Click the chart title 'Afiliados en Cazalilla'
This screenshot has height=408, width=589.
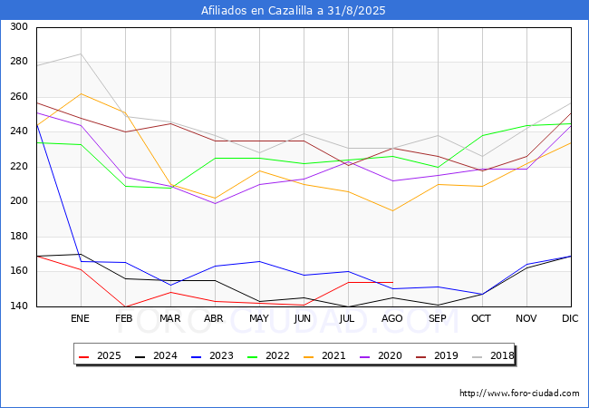coord(294,11)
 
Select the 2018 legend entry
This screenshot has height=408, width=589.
coord(491,355)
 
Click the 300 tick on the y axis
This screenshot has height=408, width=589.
coord(18,27)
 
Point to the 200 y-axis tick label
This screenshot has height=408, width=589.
coord(18,201)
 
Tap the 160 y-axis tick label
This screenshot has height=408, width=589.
coord(18,271)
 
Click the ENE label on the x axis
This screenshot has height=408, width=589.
coord(81,319)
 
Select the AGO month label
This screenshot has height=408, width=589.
coord(392,319)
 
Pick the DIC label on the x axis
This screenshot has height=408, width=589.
coord(570,319)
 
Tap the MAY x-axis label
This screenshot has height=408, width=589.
coord(259,319)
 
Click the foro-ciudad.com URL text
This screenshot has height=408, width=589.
coord(519,393)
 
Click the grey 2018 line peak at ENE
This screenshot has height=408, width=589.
coord(82,53)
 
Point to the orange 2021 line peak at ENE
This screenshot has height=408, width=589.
coord(82,93)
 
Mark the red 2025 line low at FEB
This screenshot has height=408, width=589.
coord(126,306)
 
